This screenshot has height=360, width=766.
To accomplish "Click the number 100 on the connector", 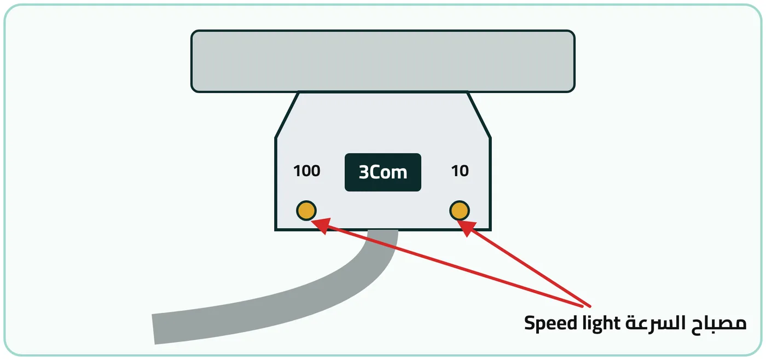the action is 307,171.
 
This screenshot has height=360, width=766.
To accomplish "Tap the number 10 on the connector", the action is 460,171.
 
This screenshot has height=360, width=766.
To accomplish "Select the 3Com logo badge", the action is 382,172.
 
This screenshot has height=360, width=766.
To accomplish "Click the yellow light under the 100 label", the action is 306,210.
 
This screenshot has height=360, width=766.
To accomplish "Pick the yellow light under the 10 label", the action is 460,210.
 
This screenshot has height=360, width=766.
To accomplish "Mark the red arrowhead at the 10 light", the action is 467,228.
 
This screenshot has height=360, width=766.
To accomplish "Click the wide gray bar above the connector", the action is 382,61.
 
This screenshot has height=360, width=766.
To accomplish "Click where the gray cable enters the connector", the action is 383,231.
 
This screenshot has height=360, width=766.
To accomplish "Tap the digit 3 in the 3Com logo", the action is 363,172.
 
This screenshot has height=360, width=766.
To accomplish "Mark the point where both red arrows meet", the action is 589,306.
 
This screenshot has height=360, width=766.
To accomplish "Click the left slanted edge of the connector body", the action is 287,115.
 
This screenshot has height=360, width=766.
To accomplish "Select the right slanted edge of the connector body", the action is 479,115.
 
